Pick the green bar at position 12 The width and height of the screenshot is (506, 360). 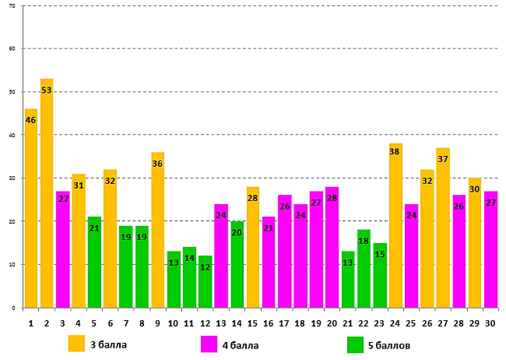tap(205, 281)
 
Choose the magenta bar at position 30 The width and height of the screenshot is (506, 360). tap(490, 249)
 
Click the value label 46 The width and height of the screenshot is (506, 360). tap(31, 120)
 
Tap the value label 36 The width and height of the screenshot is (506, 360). tap(157, 164)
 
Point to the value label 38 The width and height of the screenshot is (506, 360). tap(395, 151)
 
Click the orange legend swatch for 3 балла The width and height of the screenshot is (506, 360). tap(77, 344)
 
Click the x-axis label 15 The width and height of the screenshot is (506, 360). tap(252, 322)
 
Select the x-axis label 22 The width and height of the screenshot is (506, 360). tap(364, 322)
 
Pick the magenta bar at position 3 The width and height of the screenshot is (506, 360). tap(63, 249)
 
